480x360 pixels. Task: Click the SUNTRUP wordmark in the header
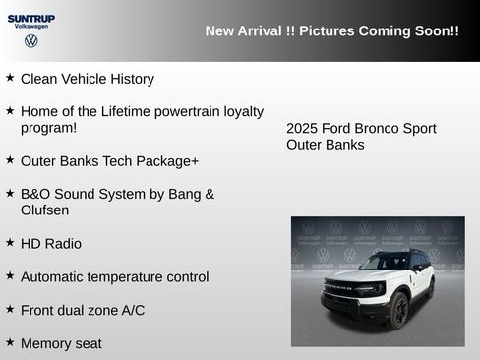(31, 18)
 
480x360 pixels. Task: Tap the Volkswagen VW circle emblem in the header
(31, 41)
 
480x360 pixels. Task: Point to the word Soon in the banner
(425, 31)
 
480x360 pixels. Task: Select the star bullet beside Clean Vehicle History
(10, 77)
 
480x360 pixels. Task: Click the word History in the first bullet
(130, 79)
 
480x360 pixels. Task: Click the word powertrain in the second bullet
(178, 112)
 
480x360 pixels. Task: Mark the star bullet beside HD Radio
(10, 242)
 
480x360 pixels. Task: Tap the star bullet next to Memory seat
(10, 342)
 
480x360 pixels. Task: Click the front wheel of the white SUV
(398, 311)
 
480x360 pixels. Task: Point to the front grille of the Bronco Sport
(342, 292)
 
